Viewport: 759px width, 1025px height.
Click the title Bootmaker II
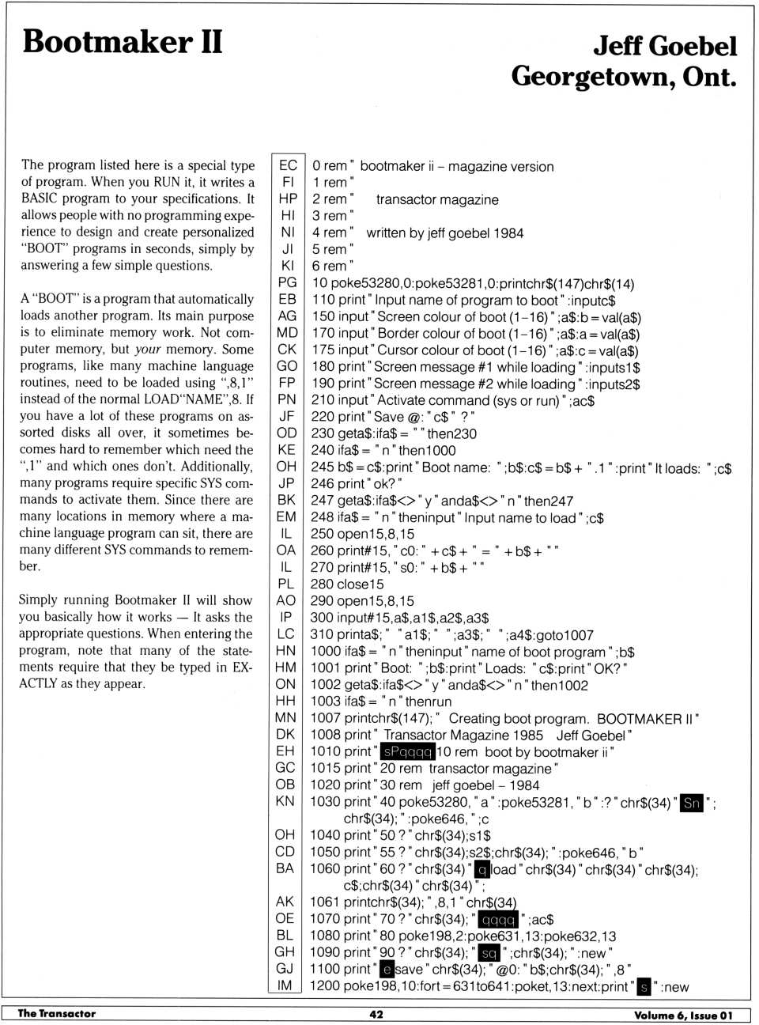[123, 41]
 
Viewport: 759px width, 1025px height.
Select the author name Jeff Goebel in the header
[665, 46]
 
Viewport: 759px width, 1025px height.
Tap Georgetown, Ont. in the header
[623, 77]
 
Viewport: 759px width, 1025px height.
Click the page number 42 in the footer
[376, 1014]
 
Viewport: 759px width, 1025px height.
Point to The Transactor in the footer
[57, 1014]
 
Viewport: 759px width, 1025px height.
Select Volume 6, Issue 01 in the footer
[683, 1015]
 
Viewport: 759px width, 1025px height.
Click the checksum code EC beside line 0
[288, 165]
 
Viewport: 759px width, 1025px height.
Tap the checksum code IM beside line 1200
[285, 985]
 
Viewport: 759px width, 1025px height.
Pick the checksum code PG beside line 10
[288, 282]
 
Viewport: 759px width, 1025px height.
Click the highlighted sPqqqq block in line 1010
[407, 752]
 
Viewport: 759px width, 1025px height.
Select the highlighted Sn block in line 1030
[692, 802]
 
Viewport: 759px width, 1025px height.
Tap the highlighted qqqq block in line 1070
[499, 920]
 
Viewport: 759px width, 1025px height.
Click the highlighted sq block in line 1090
[489, 953]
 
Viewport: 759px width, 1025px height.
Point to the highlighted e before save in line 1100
[387, 970]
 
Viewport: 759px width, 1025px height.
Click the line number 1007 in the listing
[325, 718]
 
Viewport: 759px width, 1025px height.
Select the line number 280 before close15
[322, 584]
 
